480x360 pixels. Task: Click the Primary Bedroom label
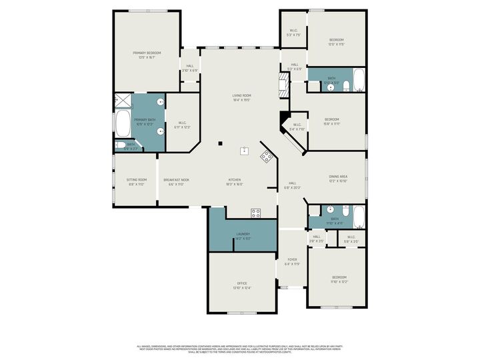tap(146, 53)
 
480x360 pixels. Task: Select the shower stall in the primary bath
tap(123, 101)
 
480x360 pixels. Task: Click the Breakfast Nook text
tap(177, 179)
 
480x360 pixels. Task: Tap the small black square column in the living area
tap(219, 143)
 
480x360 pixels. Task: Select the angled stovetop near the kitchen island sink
tap(267, 157)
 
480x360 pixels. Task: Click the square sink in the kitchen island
tap(245, 151)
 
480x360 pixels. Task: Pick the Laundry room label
tap(243, 234)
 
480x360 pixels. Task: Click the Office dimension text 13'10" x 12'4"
tap(242, 288)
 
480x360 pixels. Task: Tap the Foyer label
tap(292, 259)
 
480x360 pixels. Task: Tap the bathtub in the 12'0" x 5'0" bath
tap(358, 80)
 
